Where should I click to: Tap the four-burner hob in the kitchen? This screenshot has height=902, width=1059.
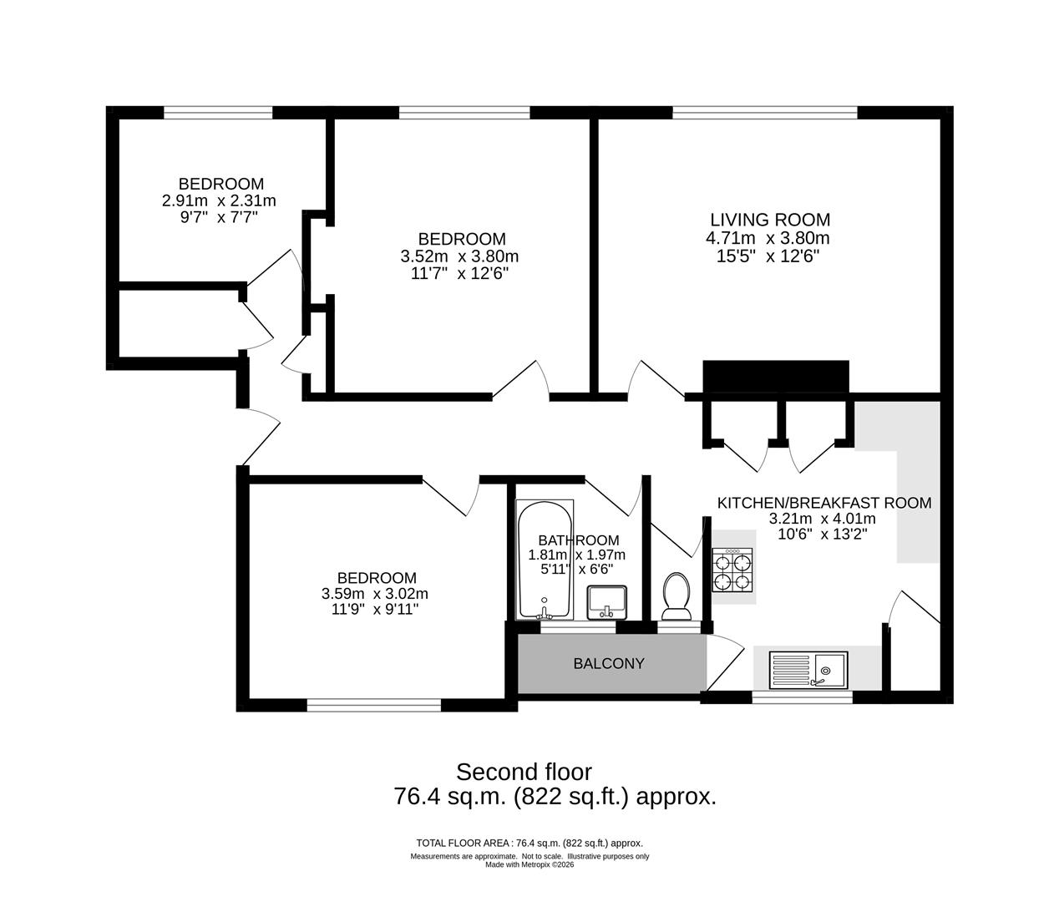(733, 571)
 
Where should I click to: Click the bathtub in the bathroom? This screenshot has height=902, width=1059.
(545, 560)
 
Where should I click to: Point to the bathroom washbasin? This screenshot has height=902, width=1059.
(607, 601)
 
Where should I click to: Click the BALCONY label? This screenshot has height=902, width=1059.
(609, 664)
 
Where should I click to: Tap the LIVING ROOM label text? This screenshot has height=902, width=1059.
(770, 220)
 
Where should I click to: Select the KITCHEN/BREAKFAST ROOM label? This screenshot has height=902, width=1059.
(824, 503)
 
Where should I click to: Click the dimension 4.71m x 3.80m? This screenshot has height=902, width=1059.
(768, 238)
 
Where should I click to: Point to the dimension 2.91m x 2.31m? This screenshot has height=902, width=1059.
(219, 200)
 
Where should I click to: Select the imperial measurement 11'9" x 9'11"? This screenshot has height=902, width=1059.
(374, 610)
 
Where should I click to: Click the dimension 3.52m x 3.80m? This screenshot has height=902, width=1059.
(459, 256)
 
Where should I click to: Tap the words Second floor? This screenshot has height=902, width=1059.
(524, 772)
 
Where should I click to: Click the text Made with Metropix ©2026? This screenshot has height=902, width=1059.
(529, 864)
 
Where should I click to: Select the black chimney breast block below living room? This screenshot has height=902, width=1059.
(776, 376)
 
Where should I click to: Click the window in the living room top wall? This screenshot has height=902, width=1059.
(764, 112)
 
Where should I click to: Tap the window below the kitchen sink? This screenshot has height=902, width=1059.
(803, 696)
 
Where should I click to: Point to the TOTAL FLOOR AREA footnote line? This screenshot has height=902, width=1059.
(529, 843)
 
